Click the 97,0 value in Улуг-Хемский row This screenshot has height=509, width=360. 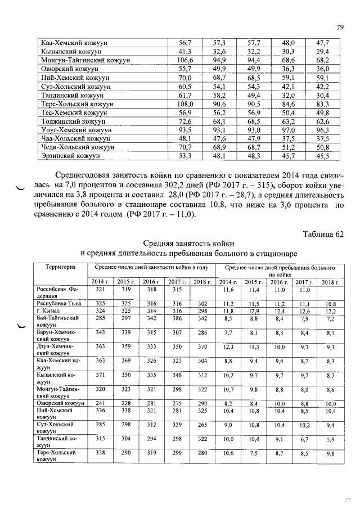[x=288, y=130]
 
